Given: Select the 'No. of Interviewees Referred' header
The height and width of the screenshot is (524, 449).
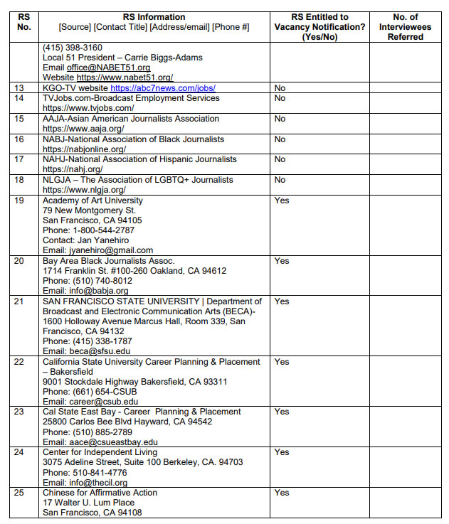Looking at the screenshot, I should (405, 27).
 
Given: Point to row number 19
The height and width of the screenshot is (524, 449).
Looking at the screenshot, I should (19, 201).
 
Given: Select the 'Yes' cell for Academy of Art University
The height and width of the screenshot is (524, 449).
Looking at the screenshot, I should (282, 201).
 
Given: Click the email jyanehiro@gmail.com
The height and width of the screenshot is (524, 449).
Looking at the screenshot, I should (110, 250).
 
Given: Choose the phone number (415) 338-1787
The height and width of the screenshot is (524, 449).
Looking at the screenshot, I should (101, 341).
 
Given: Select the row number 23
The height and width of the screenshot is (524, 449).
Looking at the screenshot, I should (19, 412).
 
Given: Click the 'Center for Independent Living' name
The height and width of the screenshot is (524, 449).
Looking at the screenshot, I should (100, 452).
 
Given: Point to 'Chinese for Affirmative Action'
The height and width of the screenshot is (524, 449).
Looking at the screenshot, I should (100, 493).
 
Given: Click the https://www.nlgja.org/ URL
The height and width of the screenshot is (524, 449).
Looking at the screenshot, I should (84, 191).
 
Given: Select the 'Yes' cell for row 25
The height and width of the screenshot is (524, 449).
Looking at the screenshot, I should (282, 493).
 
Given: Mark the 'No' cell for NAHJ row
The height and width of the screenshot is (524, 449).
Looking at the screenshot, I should (280, 160).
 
